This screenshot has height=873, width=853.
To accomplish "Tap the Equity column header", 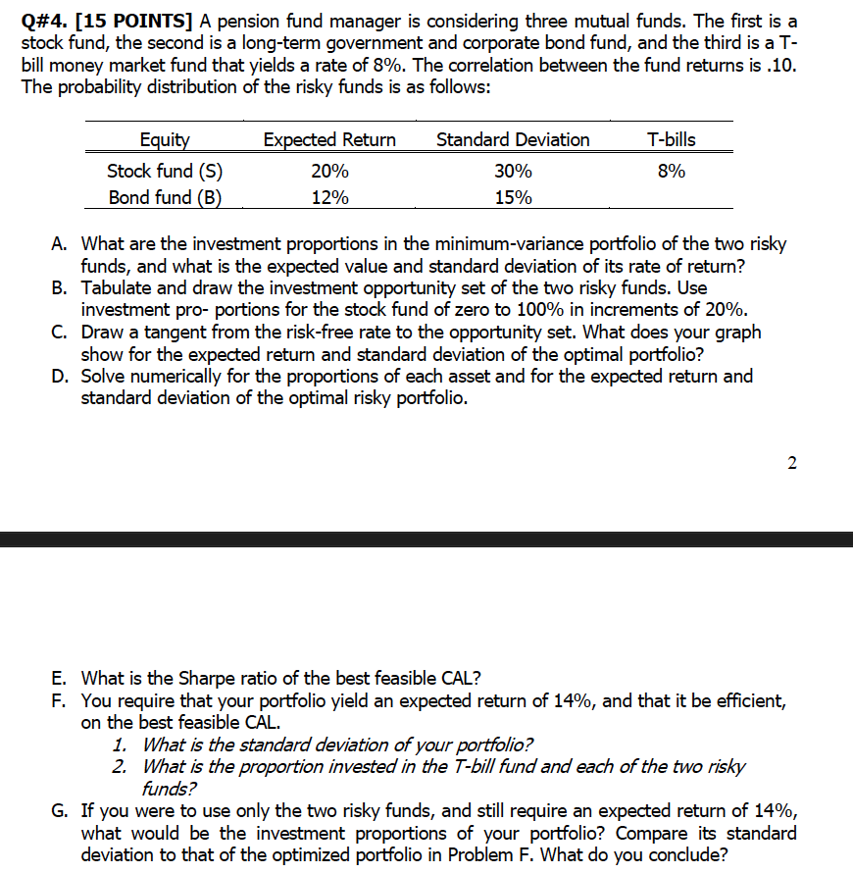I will pyautogui.click(x=165, y=139).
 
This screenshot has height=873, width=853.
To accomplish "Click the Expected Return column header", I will pyautogui.click(x=329, y=139).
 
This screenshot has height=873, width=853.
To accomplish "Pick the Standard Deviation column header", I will pyautogui.click(x=513, y=139).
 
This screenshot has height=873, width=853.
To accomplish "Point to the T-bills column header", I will pyautogui.click(x=672, y=139).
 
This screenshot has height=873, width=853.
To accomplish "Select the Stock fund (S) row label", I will pyautogui.click(x=165, y=170).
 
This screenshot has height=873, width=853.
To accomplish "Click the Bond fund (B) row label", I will pyautogui.click(x=165, y=197).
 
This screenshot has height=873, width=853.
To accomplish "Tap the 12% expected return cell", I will pyautogui.click(x=329, y=197).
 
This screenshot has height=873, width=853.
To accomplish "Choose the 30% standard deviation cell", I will pyautogui.click(x=513, y=170).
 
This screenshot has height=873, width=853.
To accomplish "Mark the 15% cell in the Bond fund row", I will pyautogui.click(x=513, y=197).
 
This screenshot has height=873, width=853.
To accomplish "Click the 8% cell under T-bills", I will pyautogui.click(x=672, y=170).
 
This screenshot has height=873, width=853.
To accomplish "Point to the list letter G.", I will pyautogui.click(x=60, y=810).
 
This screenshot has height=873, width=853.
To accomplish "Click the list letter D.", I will pyautogui.click(x=60, y=377).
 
